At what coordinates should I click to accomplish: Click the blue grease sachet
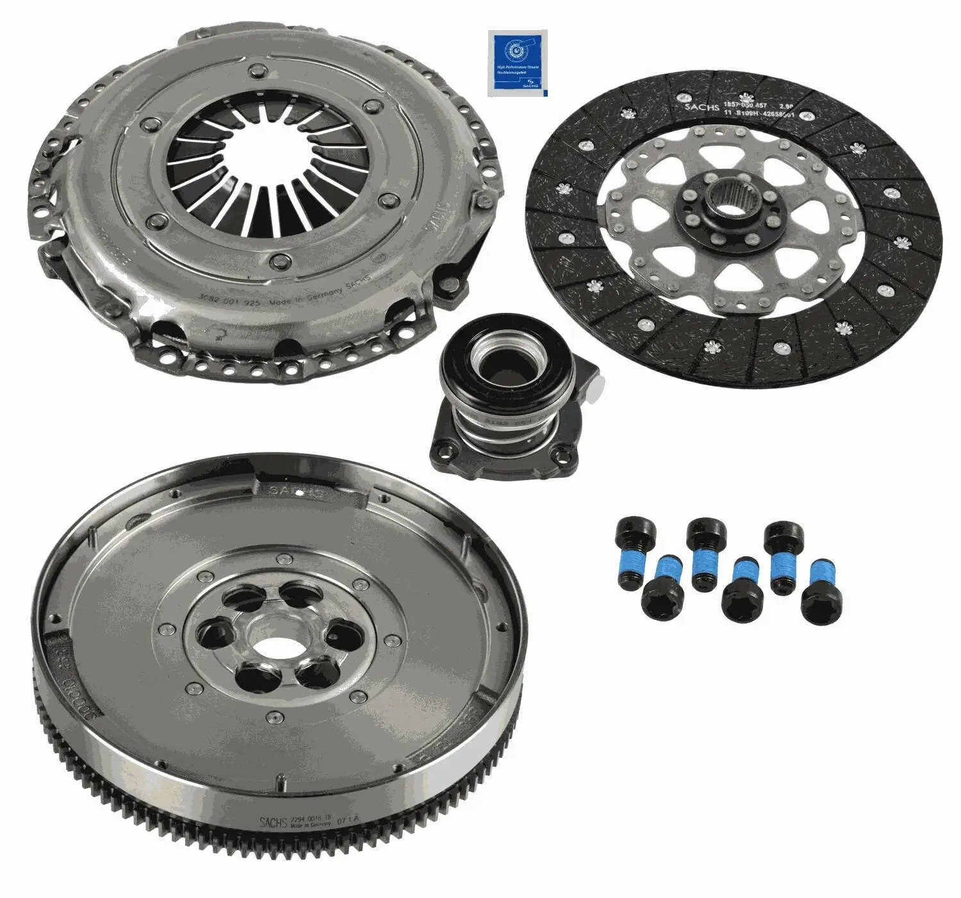point(518,63)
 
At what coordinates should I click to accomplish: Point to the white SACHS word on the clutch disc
point(702,106)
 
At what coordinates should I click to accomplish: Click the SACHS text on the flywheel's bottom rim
point(274,822)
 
